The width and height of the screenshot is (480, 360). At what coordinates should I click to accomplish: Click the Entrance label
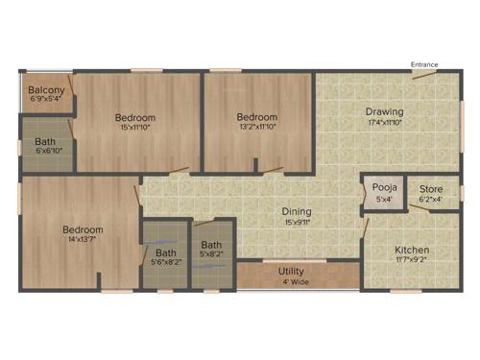pyautogui.click(x=424, y=64)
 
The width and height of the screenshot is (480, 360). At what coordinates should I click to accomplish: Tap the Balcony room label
pyautogui.click(x=46, y=89)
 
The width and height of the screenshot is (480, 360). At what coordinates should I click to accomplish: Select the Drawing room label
pyautogui.click(x=384, y=111)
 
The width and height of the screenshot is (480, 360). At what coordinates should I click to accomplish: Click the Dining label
pyautogui.click(x=296, y=211)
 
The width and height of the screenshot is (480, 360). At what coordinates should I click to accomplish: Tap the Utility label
pyautogui.click(x=292, y=272)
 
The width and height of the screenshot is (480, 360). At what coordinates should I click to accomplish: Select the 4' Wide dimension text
pyautogui.click(x=293, y=283)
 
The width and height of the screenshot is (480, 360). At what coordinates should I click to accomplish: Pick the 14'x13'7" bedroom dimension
pyautogui.click(x=82, y=240)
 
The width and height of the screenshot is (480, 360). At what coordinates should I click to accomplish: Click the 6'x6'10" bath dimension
pyautogui.click(x=47, y=152)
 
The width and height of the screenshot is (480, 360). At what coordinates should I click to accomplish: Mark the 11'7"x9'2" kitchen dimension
pyautogui.click(x=412, y=260)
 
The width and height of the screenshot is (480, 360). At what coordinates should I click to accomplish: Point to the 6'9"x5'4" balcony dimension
pyautogui.click(x=46, y=99)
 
